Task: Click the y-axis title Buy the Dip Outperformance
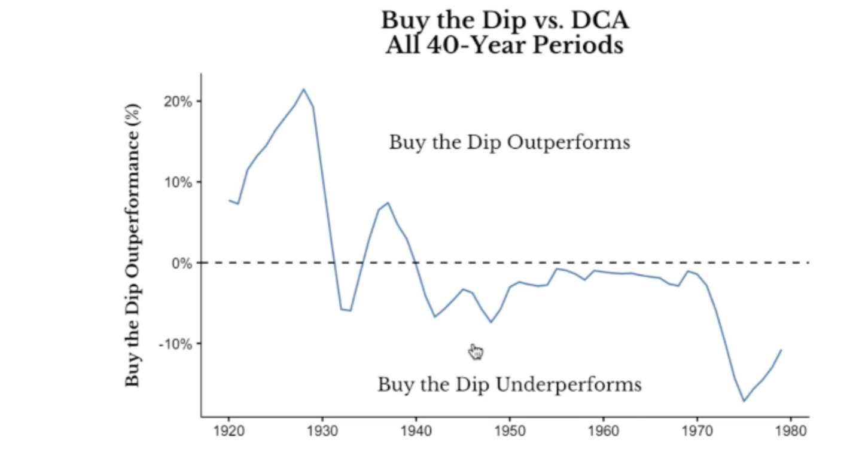pyautogui.click(x=133, y=245)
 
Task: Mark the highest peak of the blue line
pyautogui.click(x=303, y=89)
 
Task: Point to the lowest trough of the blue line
pyautogui.click(x=744, y=401)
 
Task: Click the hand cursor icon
pyautogui.click(x=476, y=352)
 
